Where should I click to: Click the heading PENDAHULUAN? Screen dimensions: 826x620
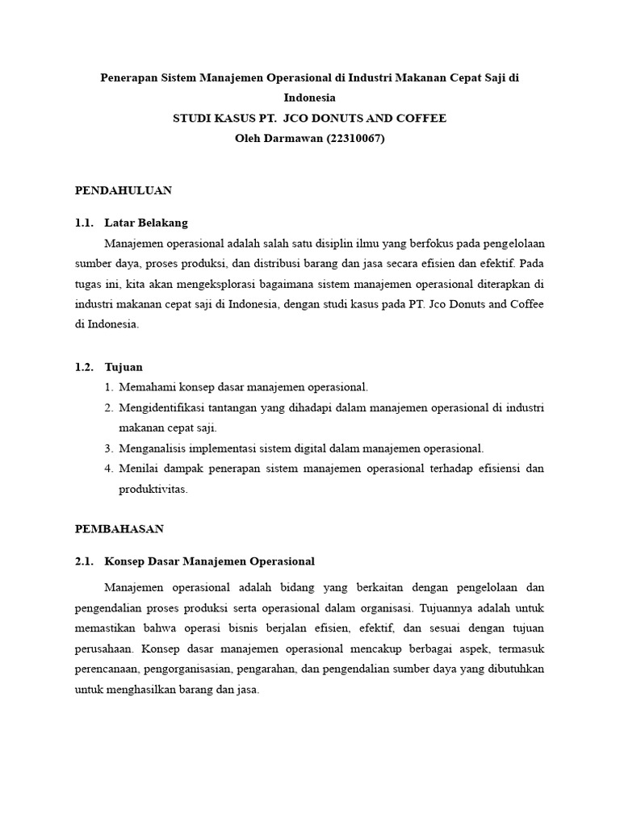124,191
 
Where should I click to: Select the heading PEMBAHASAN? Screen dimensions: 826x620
119,529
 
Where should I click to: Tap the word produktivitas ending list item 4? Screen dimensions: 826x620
153,489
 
